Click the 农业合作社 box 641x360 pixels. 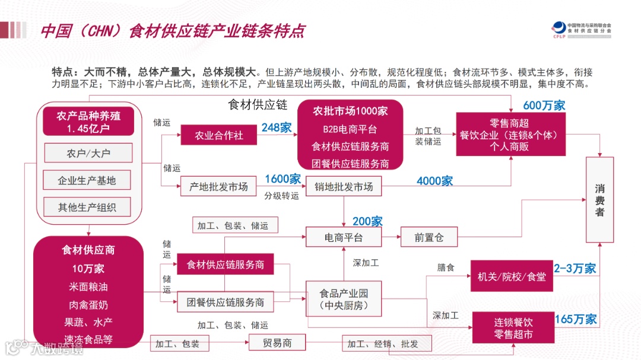tap(220, 135)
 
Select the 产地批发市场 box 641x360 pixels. tap(218, 186)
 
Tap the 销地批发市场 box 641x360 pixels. tap(344, 186)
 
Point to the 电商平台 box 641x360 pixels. tap(343, 237)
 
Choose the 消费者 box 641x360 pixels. tap(599, 200)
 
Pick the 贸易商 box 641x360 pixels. tap(277, 342)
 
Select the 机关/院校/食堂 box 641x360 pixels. tap(511, 276)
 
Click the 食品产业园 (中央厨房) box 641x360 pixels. tap(344, 299)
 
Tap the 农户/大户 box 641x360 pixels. tap(87, 153)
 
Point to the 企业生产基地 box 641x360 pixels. tap(87, 180)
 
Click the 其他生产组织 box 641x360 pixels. tap(87, 207)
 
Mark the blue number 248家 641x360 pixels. tap(276, 128)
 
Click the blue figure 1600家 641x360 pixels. tap(283, 179)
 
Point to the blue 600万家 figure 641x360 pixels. tap(544, 106)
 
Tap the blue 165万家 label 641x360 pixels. tap(575, 319)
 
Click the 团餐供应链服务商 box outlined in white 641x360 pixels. tap(226, 302)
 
